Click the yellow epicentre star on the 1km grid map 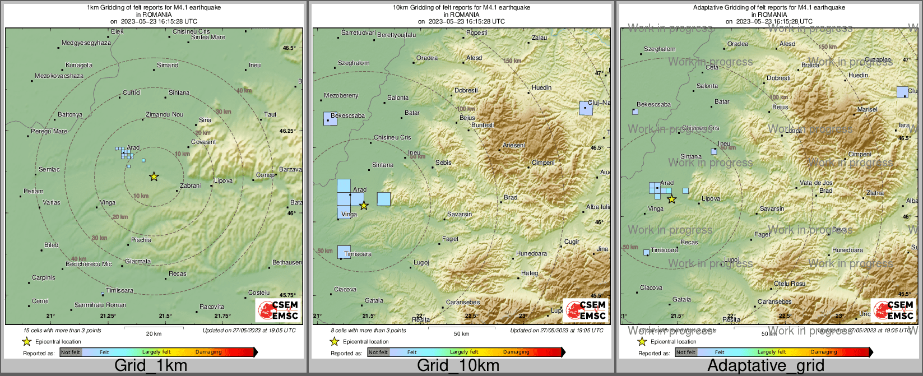tap(154, 177)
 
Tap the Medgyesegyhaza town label tap(86, 43)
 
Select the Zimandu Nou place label tap(164, 115)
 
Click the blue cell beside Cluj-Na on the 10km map tap(586, 108)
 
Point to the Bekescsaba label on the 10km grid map tap(347, 116)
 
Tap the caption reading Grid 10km tap(458, 366)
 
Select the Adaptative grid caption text tap(766, 366)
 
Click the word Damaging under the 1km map tap(208, 352)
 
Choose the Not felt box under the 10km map tap(378, 352)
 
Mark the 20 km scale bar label tap(154, 334)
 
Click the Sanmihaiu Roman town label tap(100, 305)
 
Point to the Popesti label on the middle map tap(477, 33)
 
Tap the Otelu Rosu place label tap(790, 284)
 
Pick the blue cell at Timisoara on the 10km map tap(344, 252)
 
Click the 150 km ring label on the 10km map tap(512, 61)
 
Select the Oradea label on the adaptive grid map tap(738, 44)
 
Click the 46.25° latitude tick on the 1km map tap(287, 131)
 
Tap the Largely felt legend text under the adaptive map tap(772, 352)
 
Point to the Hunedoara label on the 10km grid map tap(531, 254)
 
